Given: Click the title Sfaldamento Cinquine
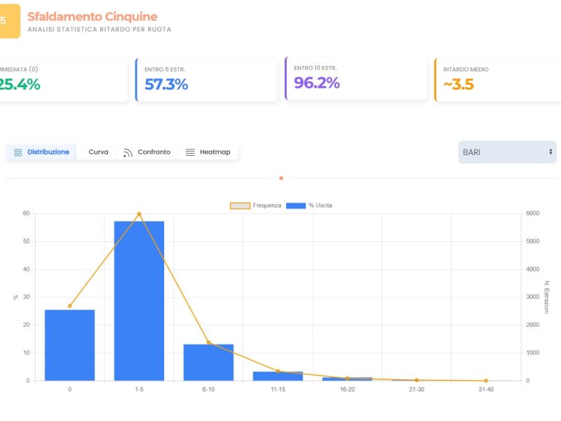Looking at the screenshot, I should pyautogui.click(x=93, y=16).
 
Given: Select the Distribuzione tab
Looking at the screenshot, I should pyautogui.click(x=42, y=152).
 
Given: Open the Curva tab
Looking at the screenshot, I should pyautogui.click(x=98, y=152).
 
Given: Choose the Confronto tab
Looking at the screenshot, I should pyautogui.click(x=147, y=152).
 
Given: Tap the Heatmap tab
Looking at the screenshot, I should pyautogui.click(x=208, y=152).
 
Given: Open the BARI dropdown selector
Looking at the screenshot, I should pyautogui.click(x=507, y=152).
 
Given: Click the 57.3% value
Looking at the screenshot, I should pyautogui.click(x=166, y=84).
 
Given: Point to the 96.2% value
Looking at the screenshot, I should pyautogui.click(x=317, y=83).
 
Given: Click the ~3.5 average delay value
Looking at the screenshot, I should pyautogui.click(x=459, y=85).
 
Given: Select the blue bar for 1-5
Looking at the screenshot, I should pyautogui.click(x=139, y=302).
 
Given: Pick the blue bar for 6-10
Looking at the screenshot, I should pyautogui.click(x=208, y=362).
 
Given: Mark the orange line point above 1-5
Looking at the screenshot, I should pyautogui.click(x=139, y=214).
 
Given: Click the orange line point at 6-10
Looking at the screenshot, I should pyautogui.click(x=208, y=342).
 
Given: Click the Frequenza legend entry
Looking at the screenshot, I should pyautogui.click(x=257, y=206).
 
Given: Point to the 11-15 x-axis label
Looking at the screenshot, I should pyautogui.click(x=278, y=389).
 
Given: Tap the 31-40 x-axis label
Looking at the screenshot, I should pyautogui.click(x=486, y=389).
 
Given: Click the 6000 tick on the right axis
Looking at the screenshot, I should pyautogui.click(x=533, y=213).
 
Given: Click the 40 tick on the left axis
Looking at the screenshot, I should pyautogui.click(x=26, y=269).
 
